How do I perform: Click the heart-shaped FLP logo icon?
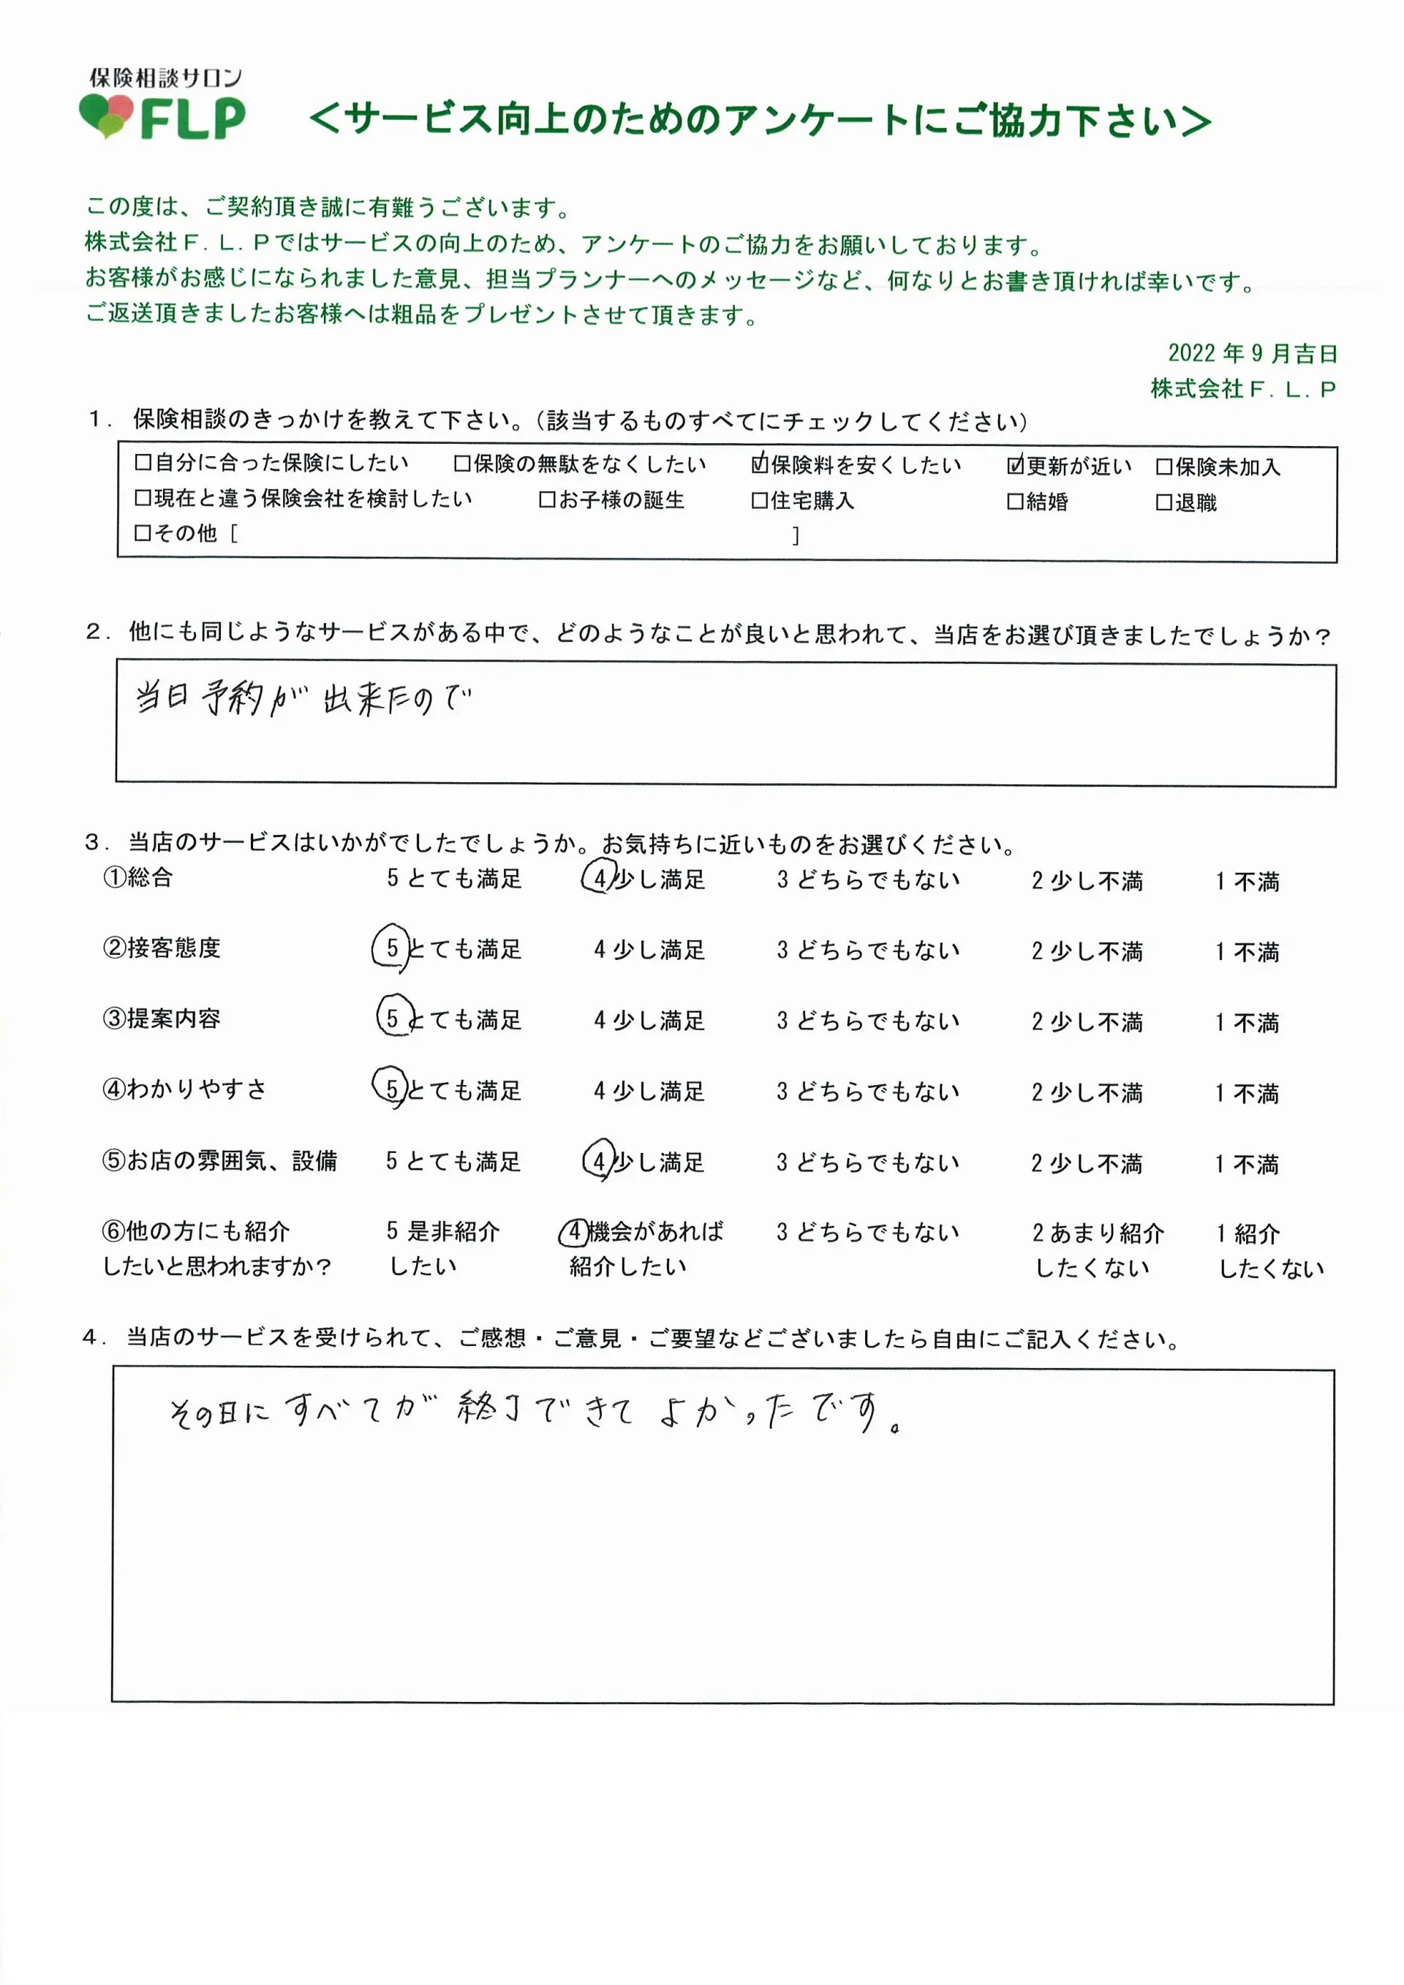[106, 115]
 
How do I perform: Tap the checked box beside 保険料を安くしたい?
[759, 464]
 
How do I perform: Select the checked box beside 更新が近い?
[1015, 465]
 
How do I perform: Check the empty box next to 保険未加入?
[1163, 467]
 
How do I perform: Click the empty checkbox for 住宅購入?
[759, 501]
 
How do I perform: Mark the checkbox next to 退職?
[1163, 502]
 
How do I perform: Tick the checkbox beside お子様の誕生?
[546, 499]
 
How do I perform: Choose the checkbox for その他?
[143, 534]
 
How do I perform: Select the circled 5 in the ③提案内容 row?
[393, 1018]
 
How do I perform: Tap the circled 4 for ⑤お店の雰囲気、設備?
[599, 1161]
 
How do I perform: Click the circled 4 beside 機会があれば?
[575, 1232]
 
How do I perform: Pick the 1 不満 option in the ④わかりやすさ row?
[1246, 1093]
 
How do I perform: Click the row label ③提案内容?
[162, 1018]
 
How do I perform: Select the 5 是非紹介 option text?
[442, 1231]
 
